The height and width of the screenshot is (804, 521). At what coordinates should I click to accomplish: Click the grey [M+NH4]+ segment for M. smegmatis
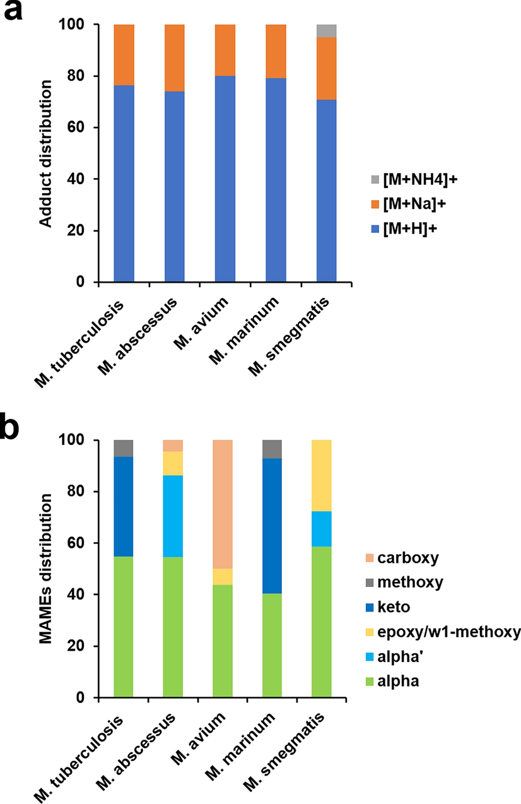coord(326,31)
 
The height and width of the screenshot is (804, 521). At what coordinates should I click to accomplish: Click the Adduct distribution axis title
coord(45,153)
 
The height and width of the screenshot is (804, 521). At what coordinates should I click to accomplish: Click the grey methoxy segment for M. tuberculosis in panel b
coord(124,448)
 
